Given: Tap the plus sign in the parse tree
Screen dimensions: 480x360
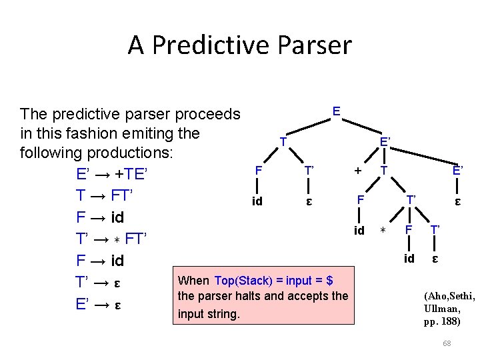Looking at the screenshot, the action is [358, 171].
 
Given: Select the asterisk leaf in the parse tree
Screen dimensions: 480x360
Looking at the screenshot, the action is [383, 231].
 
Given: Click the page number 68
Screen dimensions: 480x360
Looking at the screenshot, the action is [447, 343].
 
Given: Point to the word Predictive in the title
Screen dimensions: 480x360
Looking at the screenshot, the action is [214, 45].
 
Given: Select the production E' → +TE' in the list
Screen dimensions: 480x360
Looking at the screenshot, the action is [111, 175].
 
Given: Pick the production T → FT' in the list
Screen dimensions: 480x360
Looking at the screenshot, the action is [105, 196].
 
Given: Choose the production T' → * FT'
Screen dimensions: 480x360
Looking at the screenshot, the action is [111, 239].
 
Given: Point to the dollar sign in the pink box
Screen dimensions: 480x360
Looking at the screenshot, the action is [330, 281].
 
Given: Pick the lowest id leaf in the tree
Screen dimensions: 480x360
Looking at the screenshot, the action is [409, 258].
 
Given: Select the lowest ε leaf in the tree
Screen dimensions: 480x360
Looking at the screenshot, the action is [435, 258].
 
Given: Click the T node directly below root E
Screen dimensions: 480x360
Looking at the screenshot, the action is [283, 142].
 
